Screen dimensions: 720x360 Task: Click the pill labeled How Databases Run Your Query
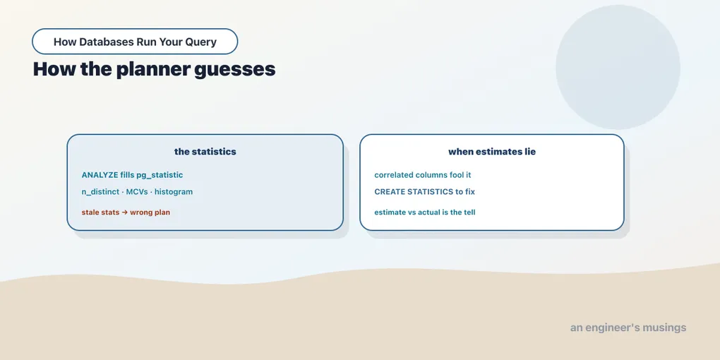135,42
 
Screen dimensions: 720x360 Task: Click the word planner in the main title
152,70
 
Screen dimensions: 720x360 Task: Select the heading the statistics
205,152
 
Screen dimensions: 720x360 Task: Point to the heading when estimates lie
492,152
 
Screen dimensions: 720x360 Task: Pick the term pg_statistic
160,175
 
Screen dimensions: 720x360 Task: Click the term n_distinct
100,192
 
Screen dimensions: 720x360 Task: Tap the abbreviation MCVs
137,191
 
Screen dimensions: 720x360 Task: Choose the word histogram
174,192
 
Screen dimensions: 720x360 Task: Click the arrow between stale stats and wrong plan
124,212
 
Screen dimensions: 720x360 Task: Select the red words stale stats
100,212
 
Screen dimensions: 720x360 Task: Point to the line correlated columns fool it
423,175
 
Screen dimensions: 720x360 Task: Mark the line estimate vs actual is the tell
425,212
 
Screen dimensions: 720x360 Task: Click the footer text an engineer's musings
628,328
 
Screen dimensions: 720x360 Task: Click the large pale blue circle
618,67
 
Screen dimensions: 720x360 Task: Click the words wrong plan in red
150,212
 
